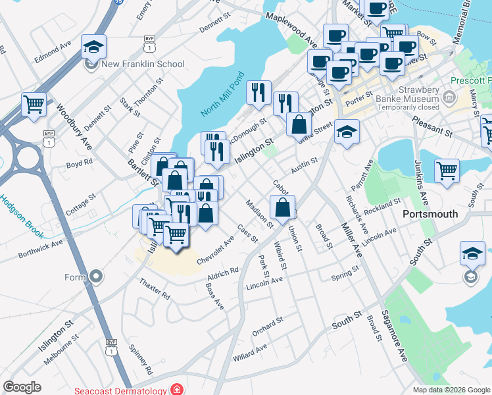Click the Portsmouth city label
pyautogui.click(x=430, y=215)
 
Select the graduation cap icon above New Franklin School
pyautogui.click(x=93, y=47)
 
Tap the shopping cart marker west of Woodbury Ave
pyautogui.click(x=34, y=104)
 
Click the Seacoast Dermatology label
pyautogui.click(x=122, y=390)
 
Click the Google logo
pyautogui.click(x=22, y=387)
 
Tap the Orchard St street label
pyautogui.click(x=267, y=323)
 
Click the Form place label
pyautogui.click(x=75, y=277)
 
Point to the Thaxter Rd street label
pyautogui.click(x=155, y=287)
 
